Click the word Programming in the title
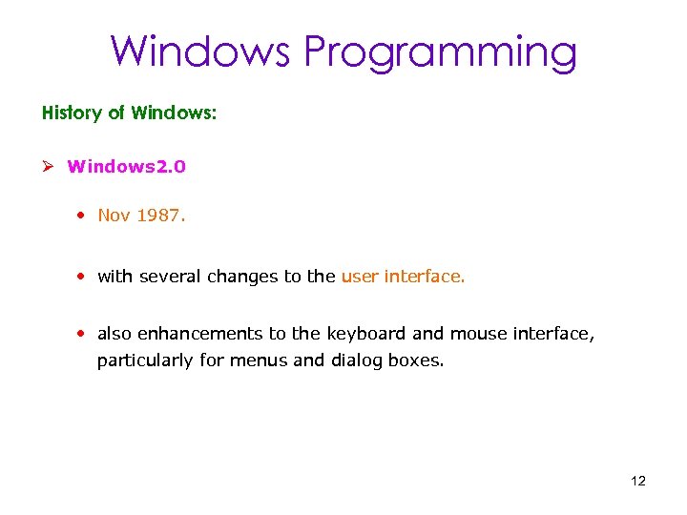point(440,52)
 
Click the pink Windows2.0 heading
point(127,167)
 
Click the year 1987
point(160,216)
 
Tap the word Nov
point(114,216)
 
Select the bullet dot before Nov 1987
point(84,216)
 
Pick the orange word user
point(360,277)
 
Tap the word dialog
point(359,362)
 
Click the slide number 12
point(638,481)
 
